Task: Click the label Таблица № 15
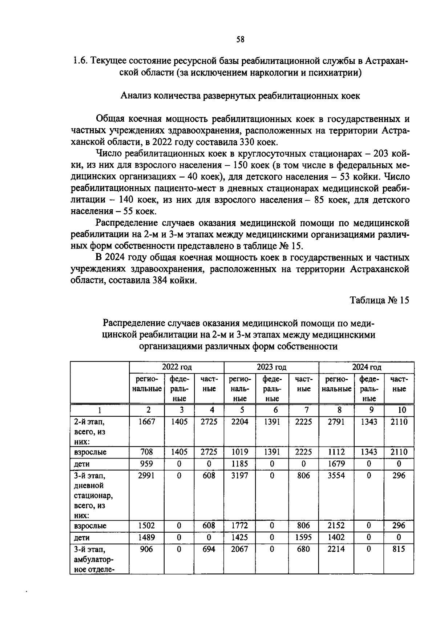pyautogui.click(x=379, y=300)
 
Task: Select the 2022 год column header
pyautogui.click(x=177, y=367)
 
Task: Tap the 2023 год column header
pyautogui.click(x=271, y=367)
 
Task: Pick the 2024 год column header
pyautogui.click(x=366, y=367)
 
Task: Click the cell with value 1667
pyautogui.click(x=147, y=421)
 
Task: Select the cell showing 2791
pyautogui.click(x=336, y=421)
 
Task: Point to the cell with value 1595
pyautogui.click(x=303, y=537)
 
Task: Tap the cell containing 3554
pyautogui.click(x=336, y=476)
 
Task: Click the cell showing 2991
pyautogui.click(x=147, y=476)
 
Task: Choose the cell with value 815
pyautogui.click(x=399, y=549)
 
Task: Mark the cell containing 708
pyautogui.click(x=147, y=452)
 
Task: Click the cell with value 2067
pyautogui.click(x=240, y=549)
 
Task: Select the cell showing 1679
pyautogui.click(x=336, y=464)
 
